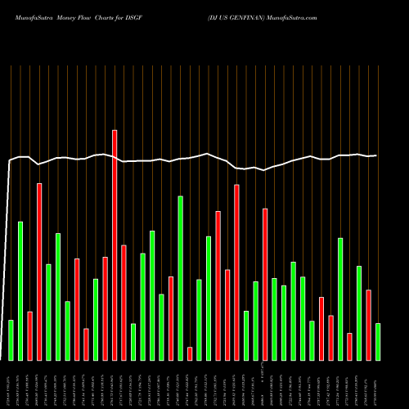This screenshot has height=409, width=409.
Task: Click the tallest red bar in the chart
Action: tap(115, 245)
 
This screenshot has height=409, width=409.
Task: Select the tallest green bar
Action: tap(180, 278)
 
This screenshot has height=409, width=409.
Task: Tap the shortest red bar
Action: tap(190, 353)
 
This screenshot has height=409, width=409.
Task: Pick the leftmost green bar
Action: tap(11, 339)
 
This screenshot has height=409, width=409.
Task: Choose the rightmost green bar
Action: tap(378, 341)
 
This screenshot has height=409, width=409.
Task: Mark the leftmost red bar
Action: tap(29, 335)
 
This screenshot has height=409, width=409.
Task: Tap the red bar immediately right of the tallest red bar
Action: tap(124, 302)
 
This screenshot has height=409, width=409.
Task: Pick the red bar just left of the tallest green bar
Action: tap(171, 318)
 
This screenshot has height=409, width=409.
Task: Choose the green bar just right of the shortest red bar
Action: tap(199, 320)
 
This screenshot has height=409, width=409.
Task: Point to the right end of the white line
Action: tap(376, 155)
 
